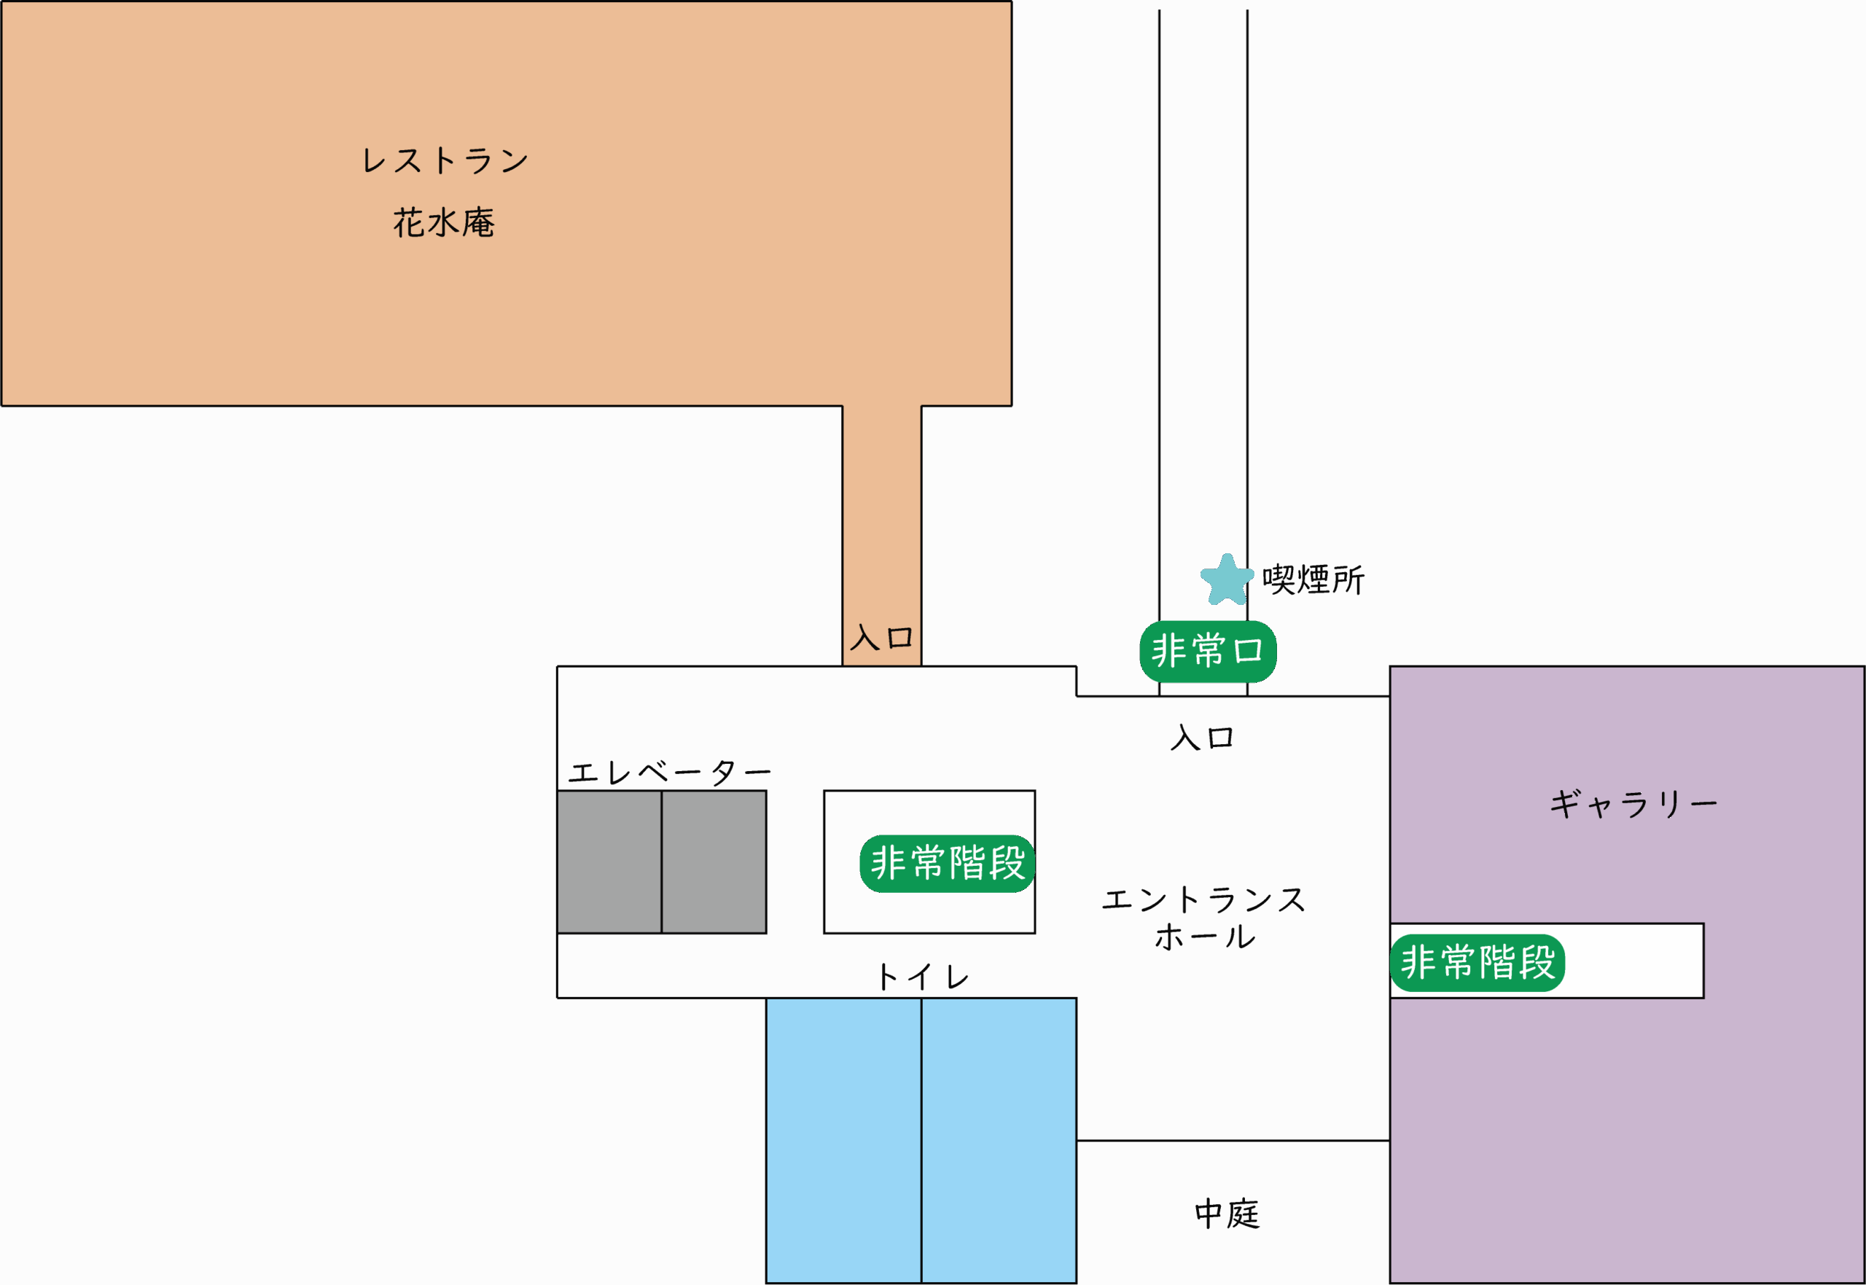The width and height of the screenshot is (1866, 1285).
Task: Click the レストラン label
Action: (x=445, y=160)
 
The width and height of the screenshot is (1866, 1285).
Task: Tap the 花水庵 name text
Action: (x=444, y=222)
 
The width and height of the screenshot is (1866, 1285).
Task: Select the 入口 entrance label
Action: (x=881, y=638)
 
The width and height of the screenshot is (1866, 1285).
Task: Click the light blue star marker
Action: (x=1227, y=580)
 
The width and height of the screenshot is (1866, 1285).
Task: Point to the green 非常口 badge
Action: (x=1208, y=651)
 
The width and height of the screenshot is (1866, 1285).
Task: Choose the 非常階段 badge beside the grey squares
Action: (x=947, y=863)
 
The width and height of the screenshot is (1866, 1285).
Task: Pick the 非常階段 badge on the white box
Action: (x=1477, y=962)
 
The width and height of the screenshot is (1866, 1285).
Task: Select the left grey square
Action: (x=609, y=862)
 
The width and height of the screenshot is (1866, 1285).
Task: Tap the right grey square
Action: (x=713, y=862)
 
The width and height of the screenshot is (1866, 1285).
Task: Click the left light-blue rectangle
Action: (x=843, y=1139)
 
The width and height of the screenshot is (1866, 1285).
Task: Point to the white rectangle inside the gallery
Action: (x=1634, y=961)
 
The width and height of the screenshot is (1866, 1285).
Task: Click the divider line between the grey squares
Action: (x=661, y=862)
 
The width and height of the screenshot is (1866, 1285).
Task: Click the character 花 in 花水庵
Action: (x=409, y=222)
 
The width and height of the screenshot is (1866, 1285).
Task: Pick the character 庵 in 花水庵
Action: (x=478, y=222)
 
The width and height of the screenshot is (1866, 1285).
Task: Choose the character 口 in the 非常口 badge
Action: (x=1249, y=651)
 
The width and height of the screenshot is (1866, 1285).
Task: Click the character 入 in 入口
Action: (x=864, y=638)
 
